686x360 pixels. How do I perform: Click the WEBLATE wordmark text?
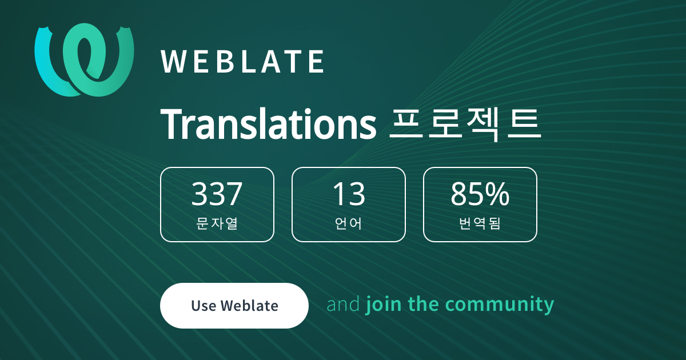click(x=242, y=62)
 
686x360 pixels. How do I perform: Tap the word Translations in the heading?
click(x=268, y=125)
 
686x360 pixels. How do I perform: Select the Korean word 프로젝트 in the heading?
click(x=465, y=125)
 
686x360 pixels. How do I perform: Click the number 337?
click(x=217, y=194)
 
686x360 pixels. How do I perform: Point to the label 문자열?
click(x=217, y=223)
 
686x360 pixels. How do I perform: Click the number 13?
click(x=349, y=194)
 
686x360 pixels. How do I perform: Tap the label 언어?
click(x=349, y=223)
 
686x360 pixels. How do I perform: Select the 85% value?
click(x=480, y=194)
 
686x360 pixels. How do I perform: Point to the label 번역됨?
click(x=480, y=223)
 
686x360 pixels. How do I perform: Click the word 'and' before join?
click(x=344, y=304)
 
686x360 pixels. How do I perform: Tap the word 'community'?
click(x=500, y=305)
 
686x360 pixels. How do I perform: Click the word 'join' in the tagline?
click(x=384, y=305)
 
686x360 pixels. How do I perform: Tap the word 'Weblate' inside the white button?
click(x=249, y=306)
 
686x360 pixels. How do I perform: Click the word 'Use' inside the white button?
click(x=204, y=306)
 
